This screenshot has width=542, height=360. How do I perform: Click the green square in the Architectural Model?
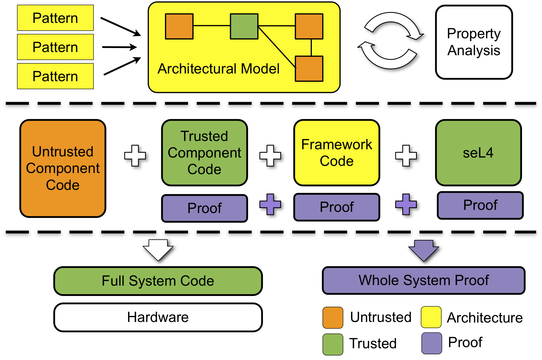pos(244,26)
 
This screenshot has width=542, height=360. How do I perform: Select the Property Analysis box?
pos(474,42)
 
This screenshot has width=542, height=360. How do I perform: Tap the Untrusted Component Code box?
pos(63,168)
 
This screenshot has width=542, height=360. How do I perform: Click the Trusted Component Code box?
pos(204,153)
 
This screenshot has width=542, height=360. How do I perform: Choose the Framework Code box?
pos(336,153)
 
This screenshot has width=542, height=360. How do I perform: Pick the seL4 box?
pos(478,153)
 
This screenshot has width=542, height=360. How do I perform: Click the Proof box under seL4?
pos(480,205)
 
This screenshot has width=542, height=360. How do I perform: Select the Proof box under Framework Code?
pos(336,207)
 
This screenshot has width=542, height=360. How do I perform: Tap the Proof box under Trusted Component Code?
pos(204,208)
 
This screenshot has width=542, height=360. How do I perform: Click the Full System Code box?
pos(158,281)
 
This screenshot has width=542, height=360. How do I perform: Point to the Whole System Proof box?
pos(424,280)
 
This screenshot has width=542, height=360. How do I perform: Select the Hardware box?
pos(158,317)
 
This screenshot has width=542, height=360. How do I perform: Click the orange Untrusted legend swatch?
pos(333,317)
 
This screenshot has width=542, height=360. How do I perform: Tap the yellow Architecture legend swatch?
pos(431,317)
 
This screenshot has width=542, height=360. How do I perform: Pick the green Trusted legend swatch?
pos(333,344)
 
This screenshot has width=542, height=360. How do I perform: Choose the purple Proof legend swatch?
pos(432,343)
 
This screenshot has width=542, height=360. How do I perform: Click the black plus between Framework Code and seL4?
pos(407,156)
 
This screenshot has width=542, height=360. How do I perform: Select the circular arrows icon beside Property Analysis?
pos(391,42)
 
